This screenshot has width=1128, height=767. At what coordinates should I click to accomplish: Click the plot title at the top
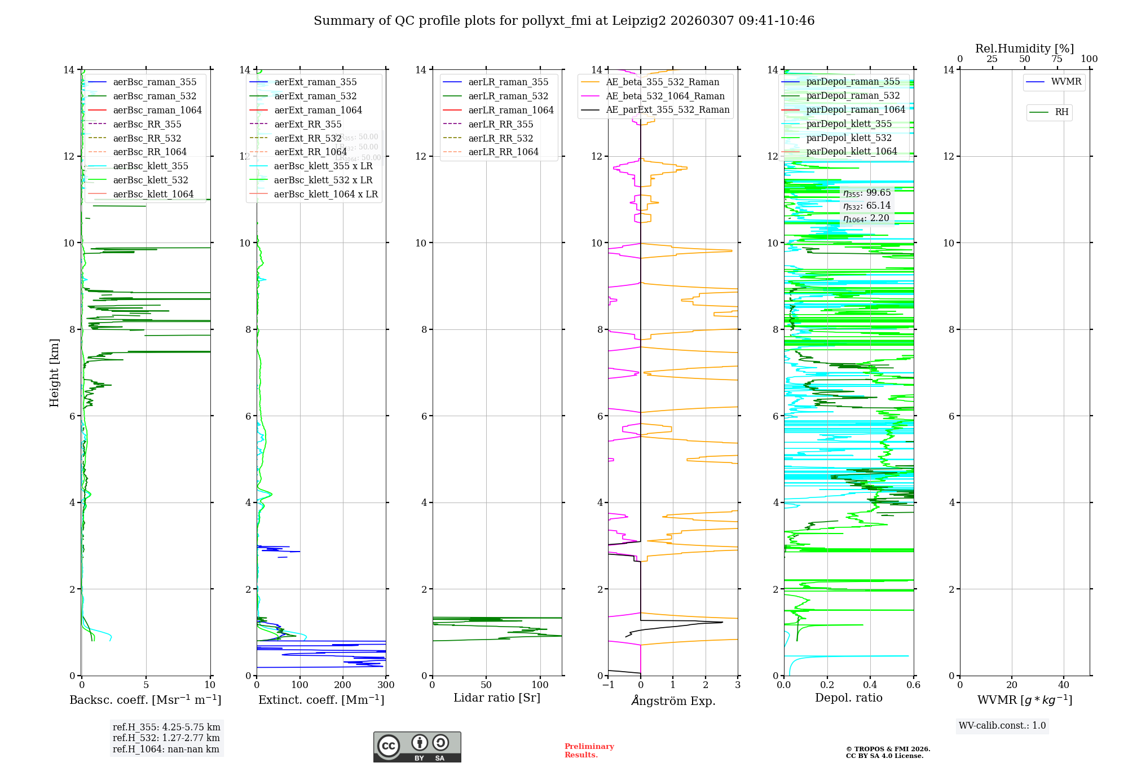[564, 21]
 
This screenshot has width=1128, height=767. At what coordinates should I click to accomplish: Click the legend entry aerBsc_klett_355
[150, 166]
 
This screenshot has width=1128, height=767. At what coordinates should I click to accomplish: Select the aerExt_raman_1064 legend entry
[318, 111]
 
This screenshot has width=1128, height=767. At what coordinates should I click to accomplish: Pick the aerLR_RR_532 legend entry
[500, 139]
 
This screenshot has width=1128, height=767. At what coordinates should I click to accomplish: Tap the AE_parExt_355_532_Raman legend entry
[667, 110]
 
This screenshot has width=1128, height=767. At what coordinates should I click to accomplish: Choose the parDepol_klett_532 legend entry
[849, 138]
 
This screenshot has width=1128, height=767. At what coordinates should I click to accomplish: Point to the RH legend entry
[1061, 112]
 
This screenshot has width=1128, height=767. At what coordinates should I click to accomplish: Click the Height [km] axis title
[54, 372]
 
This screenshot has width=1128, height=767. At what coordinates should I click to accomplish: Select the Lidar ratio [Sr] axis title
[497, 698]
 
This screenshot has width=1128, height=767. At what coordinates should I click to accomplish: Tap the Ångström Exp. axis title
[673, 700]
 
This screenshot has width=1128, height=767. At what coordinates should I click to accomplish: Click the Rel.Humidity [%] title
[1024, 49]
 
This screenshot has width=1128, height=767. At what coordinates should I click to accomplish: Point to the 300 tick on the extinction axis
[386, 685]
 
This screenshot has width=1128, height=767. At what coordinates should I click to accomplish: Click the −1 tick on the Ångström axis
[608, 685]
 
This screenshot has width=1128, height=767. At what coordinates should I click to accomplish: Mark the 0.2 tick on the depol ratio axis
[827, 685]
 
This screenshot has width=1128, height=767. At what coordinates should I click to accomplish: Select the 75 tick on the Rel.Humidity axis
[1057, 59]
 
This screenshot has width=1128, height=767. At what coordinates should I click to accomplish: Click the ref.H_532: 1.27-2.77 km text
[166, 738]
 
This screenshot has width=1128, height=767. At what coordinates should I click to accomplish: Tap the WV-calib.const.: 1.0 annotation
[1002, 726]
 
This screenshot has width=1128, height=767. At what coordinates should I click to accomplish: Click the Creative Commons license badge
[417, 747]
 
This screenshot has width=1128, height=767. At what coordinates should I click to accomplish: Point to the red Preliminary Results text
[589, 751]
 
